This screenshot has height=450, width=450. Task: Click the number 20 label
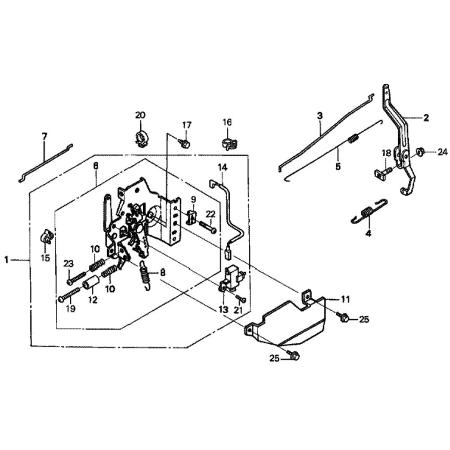point(140,115)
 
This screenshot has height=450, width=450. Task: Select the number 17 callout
point(187,125)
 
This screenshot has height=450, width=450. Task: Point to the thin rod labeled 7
point(45,163)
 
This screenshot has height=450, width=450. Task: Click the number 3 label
point(319,116)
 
